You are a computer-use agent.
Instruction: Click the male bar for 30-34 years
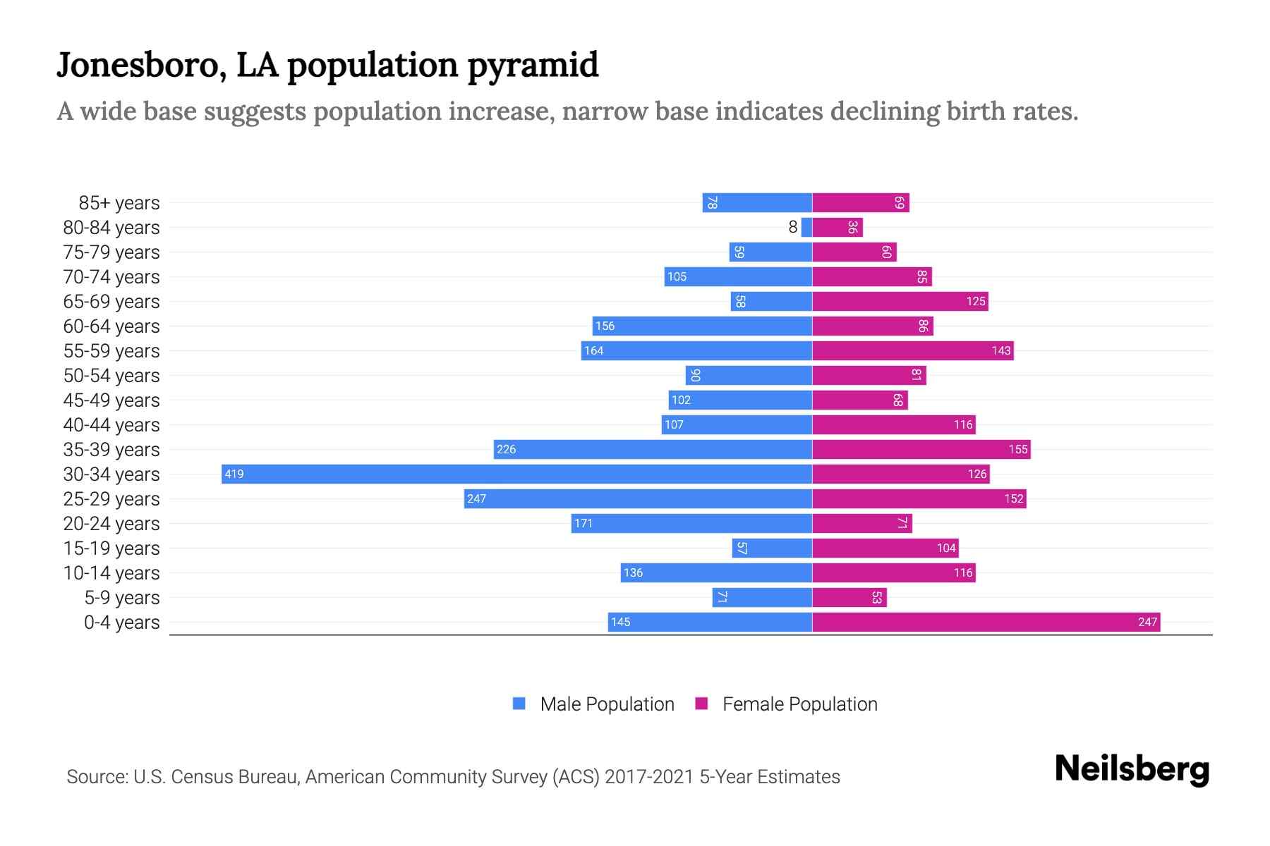tap(516, 474)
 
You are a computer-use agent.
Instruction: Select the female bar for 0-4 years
tap(986, 622)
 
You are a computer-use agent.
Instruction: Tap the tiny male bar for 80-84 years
tap(806, 227)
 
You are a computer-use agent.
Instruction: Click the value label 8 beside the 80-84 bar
tap(793, 227)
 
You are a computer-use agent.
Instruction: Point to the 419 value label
tap(234, 474)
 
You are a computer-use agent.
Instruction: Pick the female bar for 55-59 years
tap(912, 350)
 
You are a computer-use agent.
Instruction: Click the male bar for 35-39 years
tap(653, 449)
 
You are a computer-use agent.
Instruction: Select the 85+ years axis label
tap(119, 203)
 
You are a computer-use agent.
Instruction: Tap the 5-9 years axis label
tap(122, 598)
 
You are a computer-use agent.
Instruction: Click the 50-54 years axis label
tap(111, 376)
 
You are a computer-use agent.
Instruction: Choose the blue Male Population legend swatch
tap(519, 704)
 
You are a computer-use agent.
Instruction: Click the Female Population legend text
tap(799, 704)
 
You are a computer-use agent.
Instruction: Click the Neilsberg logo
tap(1132, 769)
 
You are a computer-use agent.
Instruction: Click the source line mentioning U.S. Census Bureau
tap(453, 777)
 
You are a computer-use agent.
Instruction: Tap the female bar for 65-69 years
tap(900, 301)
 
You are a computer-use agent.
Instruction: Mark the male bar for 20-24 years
tap(691, 523)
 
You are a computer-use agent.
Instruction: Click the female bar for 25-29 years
tap(919, 498)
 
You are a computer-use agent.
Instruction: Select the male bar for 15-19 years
tap(772, 548)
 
